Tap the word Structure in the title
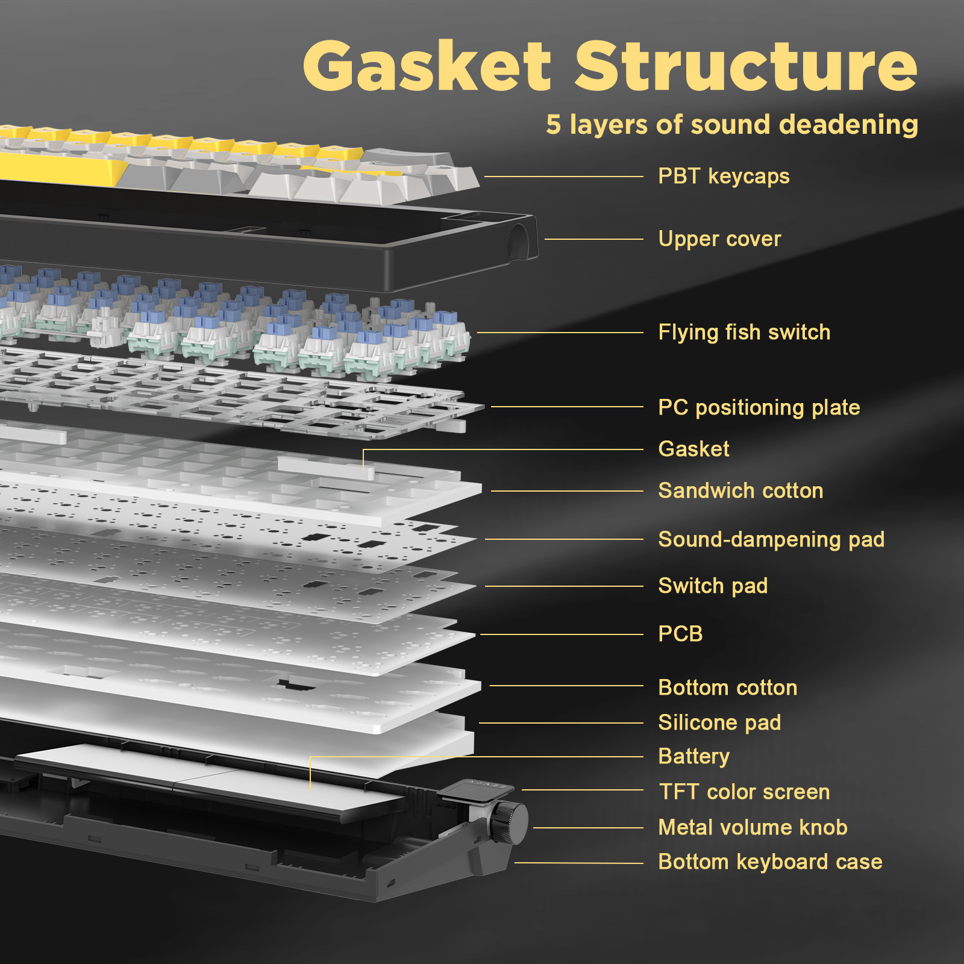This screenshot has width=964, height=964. click(x=746, y=66)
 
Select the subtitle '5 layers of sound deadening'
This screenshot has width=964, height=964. click(x=731, y=125)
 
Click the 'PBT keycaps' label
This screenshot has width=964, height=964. click(x=724, y=177)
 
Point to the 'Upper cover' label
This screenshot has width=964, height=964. click(x=719, y=239)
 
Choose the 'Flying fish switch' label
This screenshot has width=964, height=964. click(x=744, y=333)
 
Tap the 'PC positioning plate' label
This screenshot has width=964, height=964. click(x=759, y=407)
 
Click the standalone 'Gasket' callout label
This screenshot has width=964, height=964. click(x=693, y=449)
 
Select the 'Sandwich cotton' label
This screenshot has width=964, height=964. click(x=740, y=491)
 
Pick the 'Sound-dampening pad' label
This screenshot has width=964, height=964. click(x=771, y=539)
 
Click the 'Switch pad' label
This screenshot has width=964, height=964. click(x=713, y=586)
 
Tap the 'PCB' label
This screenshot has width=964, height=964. click(x=680, y=634)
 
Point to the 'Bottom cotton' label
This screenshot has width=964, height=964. click(x=727, y=687)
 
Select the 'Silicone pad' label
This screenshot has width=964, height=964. click(x=719, y=722)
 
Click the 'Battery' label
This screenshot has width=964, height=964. click(x=693, y=756)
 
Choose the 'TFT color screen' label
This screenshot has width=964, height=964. click(x=744, y=792)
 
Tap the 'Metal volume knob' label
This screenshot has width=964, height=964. click(x=753, y=827)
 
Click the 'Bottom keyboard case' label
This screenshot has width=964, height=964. click(x=770, y=862)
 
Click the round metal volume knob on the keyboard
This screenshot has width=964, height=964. click(x=509, y=822)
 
